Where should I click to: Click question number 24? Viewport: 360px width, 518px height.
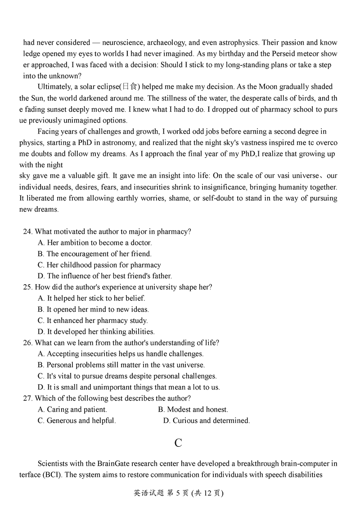coord(28,232)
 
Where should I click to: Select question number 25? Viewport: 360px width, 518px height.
coord(28,287)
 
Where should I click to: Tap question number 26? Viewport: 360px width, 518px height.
coord(28,343)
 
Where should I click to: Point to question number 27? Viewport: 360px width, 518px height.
coord(28,398)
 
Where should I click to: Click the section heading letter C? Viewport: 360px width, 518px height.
coord(178,443)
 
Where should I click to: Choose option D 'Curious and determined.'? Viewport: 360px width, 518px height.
coord(207,421)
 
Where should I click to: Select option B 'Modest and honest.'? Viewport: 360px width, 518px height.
coord(193,409)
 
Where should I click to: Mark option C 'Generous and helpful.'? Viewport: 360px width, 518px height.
coord(77,421)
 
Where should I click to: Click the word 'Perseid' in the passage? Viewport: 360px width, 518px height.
coord(283,54)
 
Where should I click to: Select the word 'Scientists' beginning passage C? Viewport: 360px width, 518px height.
coord(55,463)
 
